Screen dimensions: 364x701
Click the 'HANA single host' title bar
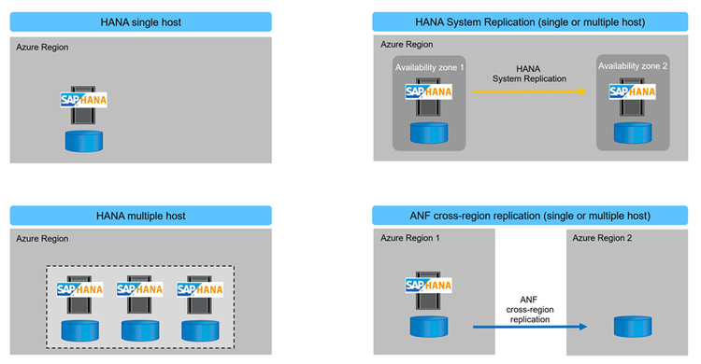pyautogui.click(x=140, y=22)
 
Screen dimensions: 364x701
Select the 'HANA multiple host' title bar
pyautogui.click(x=140, y=216)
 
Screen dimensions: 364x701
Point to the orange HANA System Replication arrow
pyautogui.click(x=528, y=91)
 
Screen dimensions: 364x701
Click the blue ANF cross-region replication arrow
pyautogui.click(x=527, y=327)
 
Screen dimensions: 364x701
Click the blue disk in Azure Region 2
pyautogui.click(x=633, y=327)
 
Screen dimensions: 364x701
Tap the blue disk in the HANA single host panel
pyautogui.click(x=83, y=141)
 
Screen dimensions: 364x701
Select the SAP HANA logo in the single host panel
pyautogui.click(x=83, y=99)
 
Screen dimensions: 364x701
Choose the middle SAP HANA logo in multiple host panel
pyautogui.click(x=139, y=288)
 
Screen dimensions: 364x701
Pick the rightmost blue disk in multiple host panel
pyautogui.click(x=199, y=329)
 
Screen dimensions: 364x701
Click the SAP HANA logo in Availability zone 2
pyautogui.click(x=633, y=91)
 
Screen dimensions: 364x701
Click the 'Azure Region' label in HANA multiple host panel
pyautogui.click(x=42, y=240)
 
